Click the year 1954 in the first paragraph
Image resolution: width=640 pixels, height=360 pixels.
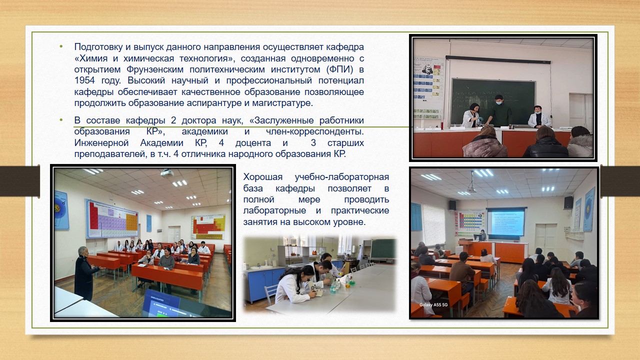coord(84,80)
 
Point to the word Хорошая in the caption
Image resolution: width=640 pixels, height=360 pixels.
coord(263,177)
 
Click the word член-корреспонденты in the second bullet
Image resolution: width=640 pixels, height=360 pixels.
coord(315,131)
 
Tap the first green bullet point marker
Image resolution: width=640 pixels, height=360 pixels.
coord(61,46)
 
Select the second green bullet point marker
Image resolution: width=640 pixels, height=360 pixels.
coord(61,120)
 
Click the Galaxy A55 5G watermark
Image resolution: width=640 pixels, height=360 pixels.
coord(433,305)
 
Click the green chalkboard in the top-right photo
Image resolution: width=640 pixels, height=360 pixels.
coord(492,101)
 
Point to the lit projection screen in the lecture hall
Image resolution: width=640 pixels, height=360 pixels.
coord(506,222)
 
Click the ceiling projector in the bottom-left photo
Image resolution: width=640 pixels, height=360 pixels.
coord(167,173)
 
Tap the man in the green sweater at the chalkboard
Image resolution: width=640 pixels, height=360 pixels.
coord(499,111)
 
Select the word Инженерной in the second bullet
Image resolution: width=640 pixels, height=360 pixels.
coord(101,143)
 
